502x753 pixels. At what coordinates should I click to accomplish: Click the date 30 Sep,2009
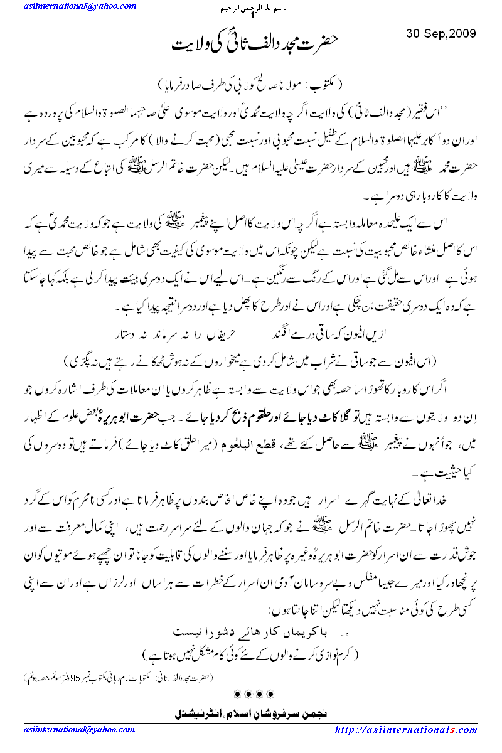point(441,33)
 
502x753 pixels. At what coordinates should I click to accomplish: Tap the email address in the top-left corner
point(80,6)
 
